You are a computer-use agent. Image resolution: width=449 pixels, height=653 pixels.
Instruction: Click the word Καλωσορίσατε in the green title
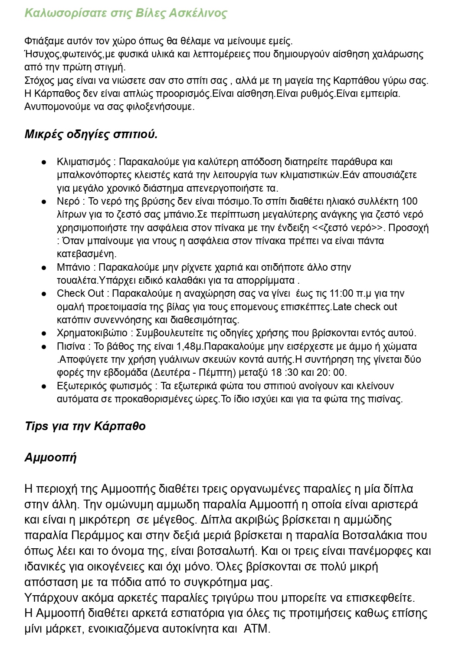click(x=57, y=13)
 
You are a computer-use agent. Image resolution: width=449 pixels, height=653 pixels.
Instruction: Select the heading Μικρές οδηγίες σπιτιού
click(x=91, y=134)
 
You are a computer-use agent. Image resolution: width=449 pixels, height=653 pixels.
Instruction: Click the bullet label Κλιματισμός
click(x=84, y=162)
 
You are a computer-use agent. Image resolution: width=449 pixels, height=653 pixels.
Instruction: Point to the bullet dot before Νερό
click(x=44, y=202)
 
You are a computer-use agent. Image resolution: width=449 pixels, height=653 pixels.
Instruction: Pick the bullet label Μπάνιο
click(x=73, y=267)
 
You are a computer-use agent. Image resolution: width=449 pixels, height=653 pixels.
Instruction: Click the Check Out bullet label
click(x=80, y=294)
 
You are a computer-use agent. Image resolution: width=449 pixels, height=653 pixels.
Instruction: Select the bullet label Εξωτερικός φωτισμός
click(x=104, y=386)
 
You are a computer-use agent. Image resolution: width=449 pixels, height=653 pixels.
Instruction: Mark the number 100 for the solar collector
click(x=410, y=201)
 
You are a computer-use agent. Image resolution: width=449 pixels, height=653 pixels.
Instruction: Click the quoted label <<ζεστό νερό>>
click(x=349, y=228)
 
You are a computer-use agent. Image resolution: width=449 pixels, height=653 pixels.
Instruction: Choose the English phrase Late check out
click(x=365, y=307)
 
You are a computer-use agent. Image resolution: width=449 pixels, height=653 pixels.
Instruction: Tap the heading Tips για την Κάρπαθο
click(x=85, y=426)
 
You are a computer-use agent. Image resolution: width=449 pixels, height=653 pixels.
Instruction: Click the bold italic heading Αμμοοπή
click(x=50, y=457)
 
